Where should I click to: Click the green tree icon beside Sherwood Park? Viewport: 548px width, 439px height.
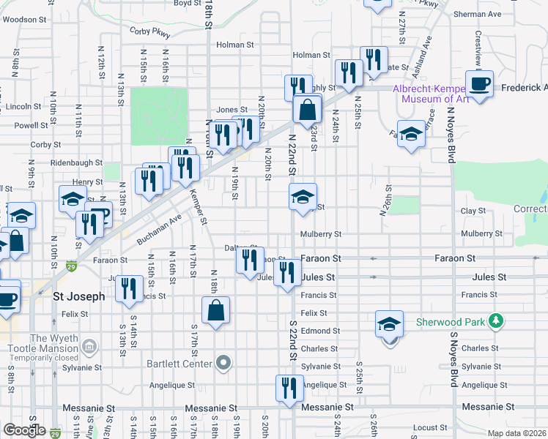coord(497,320)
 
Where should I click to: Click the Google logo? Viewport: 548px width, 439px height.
coord(24,430)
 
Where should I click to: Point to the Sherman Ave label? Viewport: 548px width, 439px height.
coord(477,14)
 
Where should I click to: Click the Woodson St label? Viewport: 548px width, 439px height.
coord(25,20)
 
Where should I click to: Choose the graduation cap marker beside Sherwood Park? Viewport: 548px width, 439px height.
coord(390,323)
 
